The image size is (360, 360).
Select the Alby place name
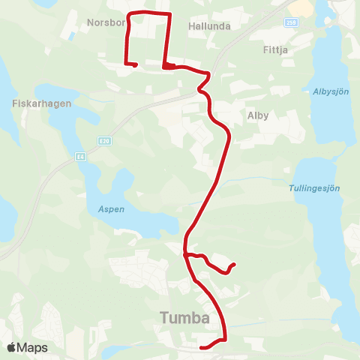pos(257,115)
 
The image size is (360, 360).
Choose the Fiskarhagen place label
pos(41,104)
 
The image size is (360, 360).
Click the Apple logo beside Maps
pos(13,348)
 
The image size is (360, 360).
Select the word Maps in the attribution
pos(32,348)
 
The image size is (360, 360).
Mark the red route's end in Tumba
pos(202,347)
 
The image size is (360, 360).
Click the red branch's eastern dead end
pos(235,264)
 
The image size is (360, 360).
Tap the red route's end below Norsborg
pos(134,65)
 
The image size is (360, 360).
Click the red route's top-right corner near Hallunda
pos(169,14)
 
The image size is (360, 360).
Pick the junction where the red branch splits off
pos(184,255)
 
